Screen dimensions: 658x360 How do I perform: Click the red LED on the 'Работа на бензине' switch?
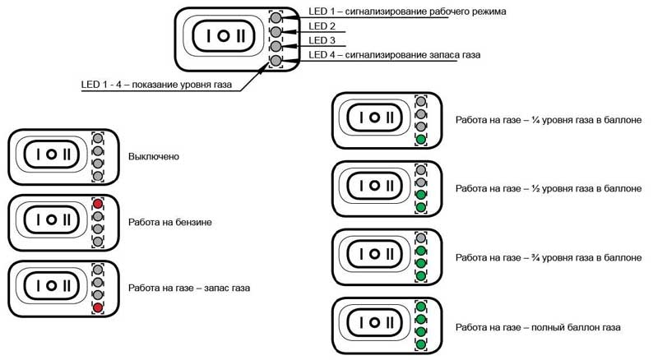tap(98, 204)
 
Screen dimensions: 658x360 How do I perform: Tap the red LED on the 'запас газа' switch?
tap(98, 307)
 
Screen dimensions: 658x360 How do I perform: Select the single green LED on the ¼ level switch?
tap(421, 139)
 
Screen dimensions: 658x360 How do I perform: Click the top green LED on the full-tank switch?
tap(421, 307)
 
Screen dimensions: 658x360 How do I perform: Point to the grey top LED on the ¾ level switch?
tap(421, 238)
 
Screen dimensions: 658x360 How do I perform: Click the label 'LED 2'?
tap(322, 26)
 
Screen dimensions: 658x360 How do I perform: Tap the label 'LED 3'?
tap(322, 40)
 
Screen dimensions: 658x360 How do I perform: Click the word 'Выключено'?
tap(154, 156)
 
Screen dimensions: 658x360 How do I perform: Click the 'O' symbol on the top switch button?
tap(224, 36)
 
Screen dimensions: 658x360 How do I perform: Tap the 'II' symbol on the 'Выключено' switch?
tap(67, 155)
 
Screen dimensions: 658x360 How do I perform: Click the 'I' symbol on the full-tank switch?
tap(361, 322)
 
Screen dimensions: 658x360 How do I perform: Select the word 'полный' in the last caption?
tap(548, 327)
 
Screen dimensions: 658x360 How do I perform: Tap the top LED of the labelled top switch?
tap(276, 17)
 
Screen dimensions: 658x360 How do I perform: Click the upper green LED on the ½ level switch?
tap(421, 194)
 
